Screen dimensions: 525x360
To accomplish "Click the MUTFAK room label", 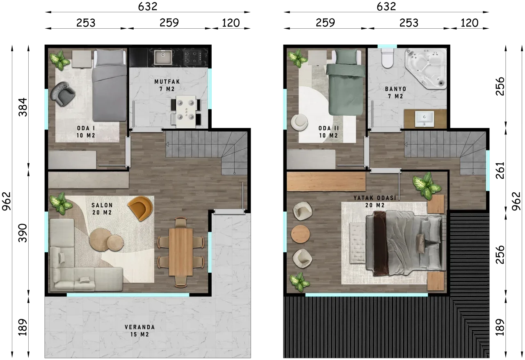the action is tap(167, 82).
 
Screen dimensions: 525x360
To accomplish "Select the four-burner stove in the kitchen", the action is tap(192, 57).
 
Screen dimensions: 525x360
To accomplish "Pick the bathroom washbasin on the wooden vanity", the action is tap(424, 119).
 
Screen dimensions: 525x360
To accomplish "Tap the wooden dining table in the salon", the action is tap(181, 252).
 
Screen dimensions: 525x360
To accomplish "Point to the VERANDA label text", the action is tap(140, 327).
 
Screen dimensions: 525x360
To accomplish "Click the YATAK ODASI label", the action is tap(375, 198).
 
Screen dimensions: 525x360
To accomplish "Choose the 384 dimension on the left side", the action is tap(23, 107).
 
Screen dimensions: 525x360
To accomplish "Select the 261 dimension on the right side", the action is tap(500, 170).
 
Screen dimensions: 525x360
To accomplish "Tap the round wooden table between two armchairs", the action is tap(301, 235).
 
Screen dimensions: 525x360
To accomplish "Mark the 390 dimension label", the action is tap(23, 233).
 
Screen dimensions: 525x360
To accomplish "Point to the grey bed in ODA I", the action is tap(110, 85).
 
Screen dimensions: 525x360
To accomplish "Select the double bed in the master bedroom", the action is tap(406, 243).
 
